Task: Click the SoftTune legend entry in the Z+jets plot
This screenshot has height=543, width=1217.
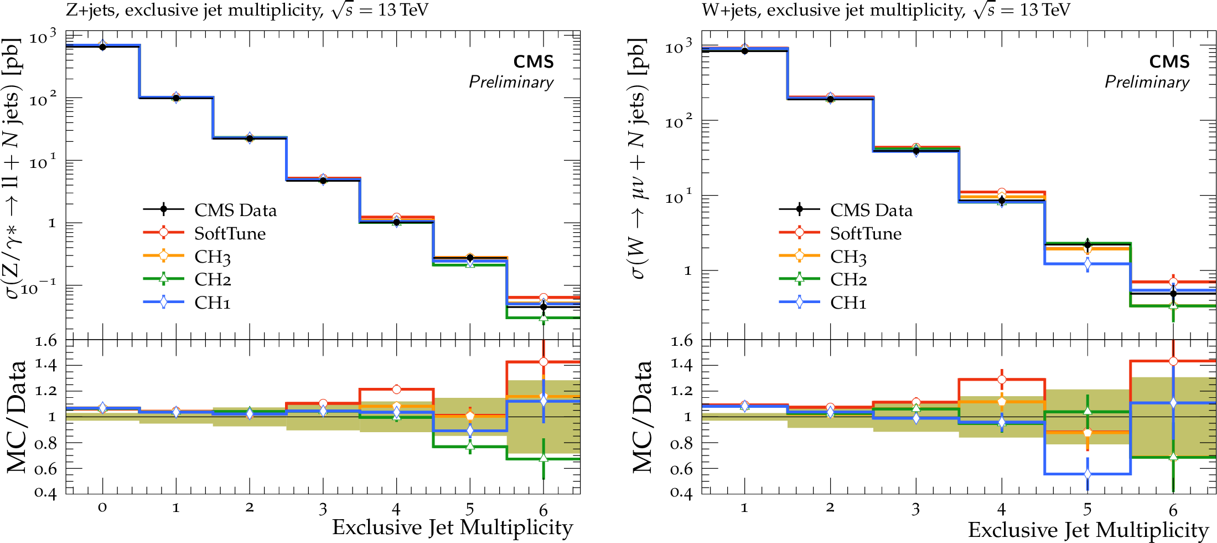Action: coord(230,234)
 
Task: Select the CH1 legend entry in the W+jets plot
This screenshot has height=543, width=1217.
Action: coord(848,303)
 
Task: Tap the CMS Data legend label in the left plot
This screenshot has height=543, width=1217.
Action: coord(235,211)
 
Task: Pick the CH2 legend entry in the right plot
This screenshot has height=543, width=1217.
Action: coord(848,279)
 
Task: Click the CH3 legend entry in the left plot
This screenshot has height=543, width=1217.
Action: coord(212,257)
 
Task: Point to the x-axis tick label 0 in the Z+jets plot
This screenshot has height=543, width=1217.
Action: coord(102,507)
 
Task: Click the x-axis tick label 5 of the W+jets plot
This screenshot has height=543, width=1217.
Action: coord(1087,509)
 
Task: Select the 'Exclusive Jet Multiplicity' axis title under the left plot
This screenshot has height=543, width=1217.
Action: coord(452,528)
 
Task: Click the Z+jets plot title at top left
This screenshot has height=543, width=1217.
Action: coord(247,10)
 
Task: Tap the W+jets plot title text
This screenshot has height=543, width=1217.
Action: coord(885,10)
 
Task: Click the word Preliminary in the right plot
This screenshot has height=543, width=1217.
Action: coord(1147,82)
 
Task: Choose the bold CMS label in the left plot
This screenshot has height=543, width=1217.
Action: coord(533,62)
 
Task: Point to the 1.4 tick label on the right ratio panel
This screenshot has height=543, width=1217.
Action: coord(681,364)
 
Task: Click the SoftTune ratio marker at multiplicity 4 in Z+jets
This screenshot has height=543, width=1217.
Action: coord(396,390)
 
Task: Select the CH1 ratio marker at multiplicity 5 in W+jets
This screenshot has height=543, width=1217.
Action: coord(1087,474)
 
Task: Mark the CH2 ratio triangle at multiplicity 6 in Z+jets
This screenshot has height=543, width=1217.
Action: coord(543,458)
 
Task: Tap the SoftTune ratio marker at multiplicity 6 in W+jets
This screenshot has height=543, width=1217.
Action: coord(1173,361)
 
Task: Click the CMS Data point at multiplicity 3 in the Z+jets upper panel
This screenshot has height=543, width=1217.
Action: coord(323,181)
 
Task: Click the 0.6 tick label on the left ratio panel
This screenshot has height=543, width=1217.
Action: coord(45,469)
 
